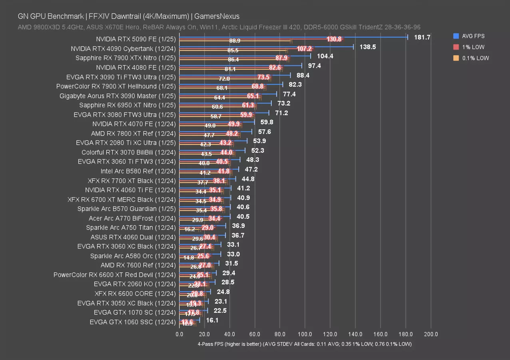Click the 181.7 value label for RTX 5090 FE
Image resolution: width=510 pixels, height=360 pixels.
coord(422,37)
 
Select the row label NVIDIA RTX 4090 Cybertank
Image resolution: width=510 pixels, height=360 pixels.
coord(123,49)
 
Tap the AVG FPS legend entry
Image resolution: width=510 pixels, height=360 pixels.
coord(473,36)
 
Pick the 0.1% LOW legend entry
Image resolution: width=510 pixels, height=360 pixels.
coord(474,58)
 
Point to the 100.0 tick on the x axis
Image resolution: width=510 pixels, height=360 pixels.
coord(305,334)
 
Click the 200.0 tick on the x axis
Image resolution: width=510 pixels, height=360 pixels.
coord(430,334)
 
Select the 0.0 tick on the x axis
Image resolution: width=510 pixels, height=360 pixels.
coord(179,334)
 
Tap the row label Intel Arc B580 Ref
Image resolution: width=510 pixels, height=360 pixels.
coord(138,171)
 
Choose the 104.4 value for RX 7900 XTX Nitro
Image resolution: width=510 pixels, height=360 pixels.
coord(325,56)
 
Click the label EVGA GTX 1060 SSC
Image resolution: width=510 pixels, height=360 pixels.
coord(132,322)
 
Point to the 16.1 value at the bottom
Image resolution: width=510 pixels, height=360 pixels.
coord(212,320)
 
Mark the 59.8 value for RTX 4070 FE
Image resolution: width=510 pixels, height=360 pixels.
coord(267,122)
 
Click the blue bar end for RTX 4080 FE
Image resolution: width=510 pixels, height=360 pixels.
coord(302,66)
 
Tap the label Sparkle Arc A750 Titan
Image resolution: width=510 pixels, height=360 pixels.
coord(131,228)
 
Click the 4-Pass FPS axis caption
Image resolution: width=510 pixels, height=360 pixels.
coord(304,344)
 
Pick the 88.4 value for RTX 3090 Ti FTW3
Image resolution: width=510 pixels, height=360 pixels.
coord(303,75)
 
